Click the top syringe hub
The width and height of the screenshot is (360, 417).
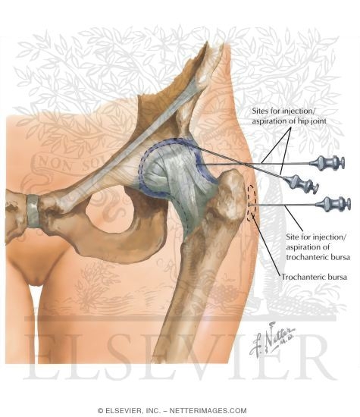coord(327,163)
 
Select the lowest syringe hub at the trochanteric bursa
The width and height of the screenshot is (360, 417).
coord(333,204)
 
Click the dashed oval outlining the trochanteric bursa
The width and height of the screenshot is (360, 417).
coord(252,203)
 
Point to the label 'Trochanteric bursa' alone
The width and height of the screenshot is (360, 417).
coord(315,277)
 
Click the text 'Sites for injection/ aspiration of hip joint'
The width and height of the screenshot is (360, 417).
coord(289,116)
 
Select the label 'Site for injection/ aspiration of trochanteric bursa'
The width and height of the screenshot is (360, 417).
coord(318,247)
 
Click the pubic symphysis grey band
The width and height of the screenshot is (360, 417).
coord(34,211)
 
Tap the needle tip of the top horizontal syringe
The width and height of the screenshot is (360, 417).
coord(197,165)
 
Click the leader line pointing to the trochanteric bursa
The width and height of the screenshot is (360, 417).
coord(265,245)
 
